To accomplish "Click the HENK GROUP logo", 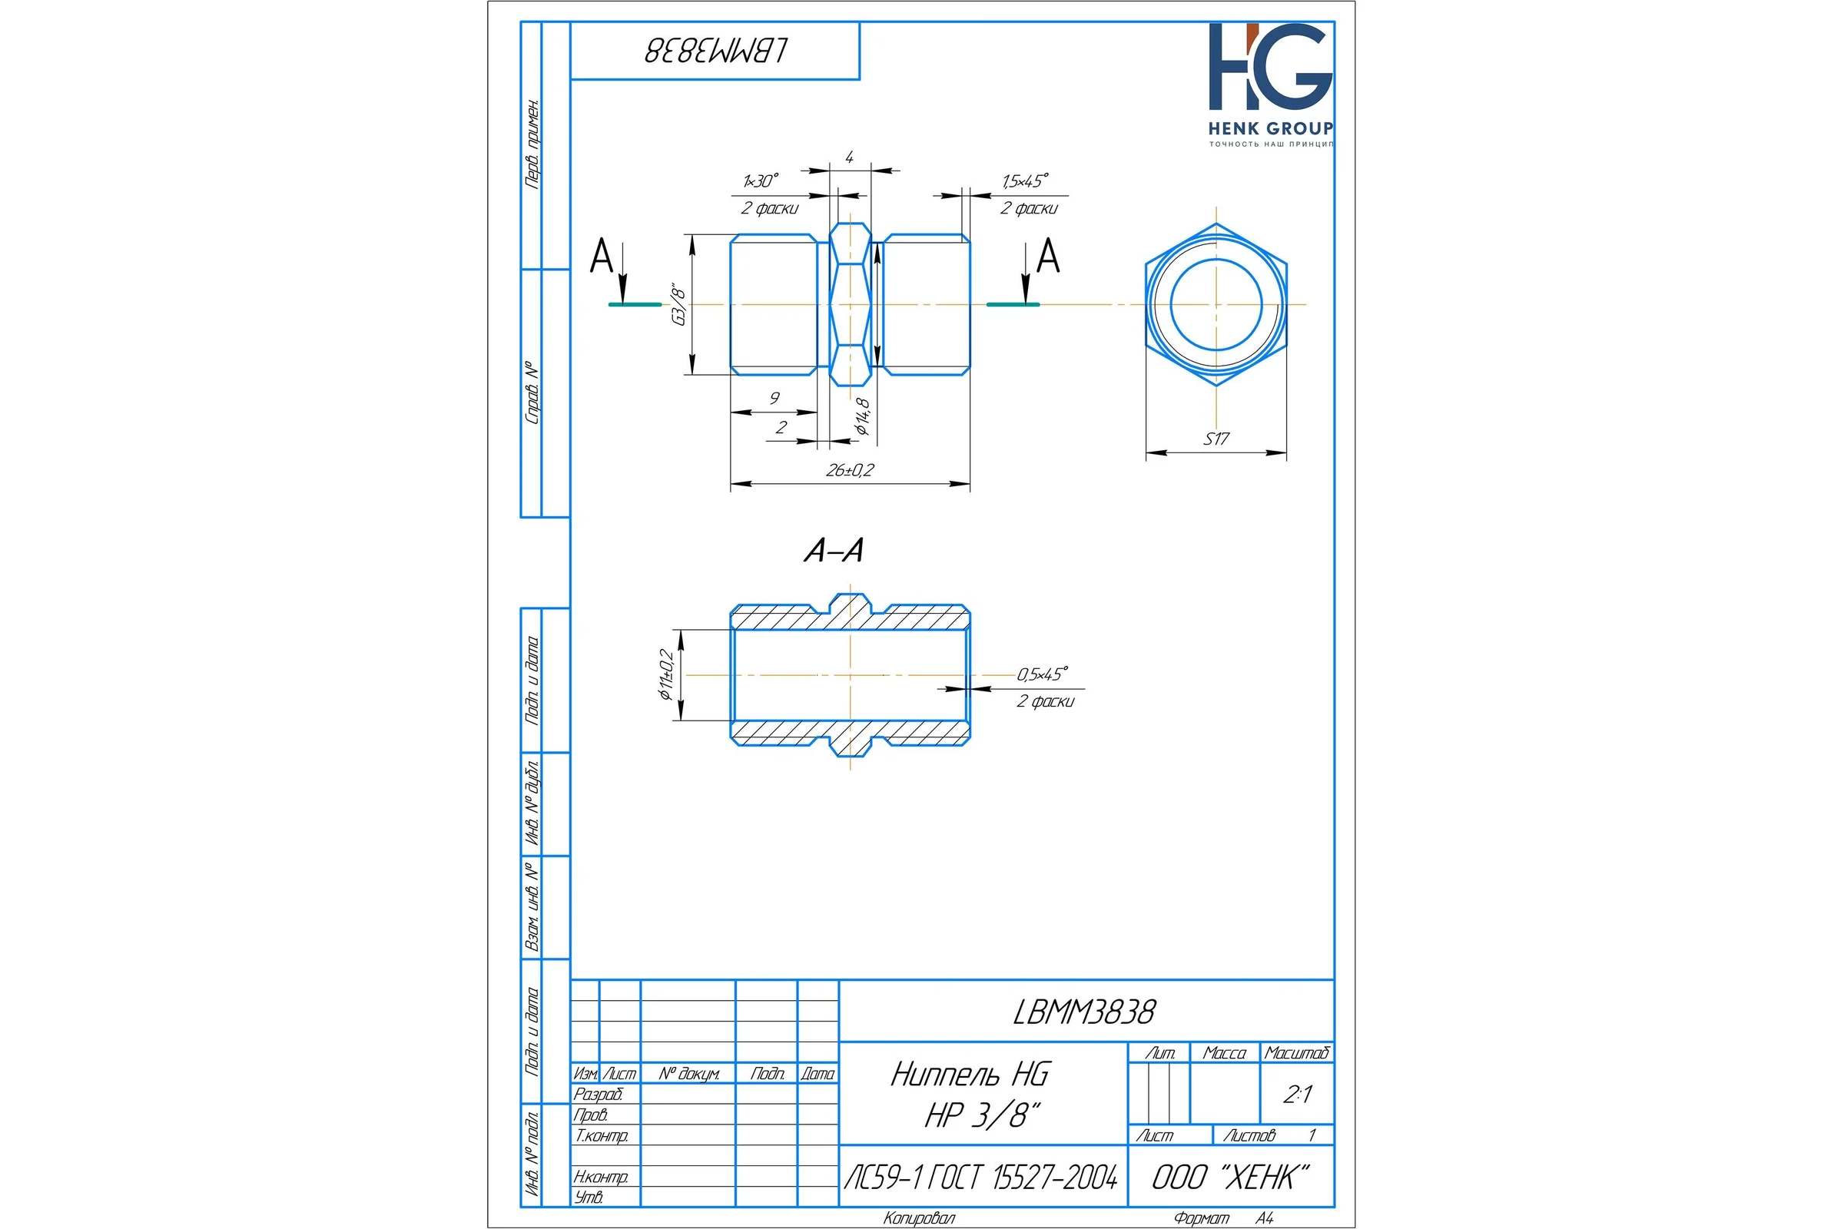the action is click(1270, 84).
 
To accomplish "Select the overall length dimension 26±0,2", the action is click(850, 470).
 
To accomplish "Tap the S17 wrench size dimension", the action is click(1216, 439).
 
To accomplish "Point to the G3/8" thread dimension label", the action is click(679, 306).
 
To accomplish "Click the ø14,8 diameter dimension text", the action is click(862, 416).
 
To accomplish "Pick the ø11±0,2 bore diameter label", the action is click(666, 674).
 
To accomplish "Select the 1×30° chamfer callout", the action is click(761, 181).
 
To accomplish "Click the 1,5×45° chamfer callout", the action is click(1025, 181).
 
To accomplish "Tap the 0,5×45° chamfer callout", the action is click(1043, 674).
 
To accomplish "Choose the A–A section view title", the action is click(834, 550).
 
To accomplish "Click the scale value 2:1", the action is click(1298, 1094).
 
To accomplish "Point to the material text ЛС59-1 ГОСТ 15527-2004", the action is click(981, 1178).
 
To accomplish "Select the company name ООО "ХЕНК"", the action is click(1231, 1178).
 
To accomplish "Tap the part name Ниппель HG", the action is click(970, 1074).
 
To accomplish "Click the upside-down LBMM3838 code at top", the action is click(716, 51).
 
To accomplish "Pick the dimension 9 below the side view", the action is click(774, 398).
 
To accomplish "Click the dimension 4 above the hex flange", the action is click(849, 157).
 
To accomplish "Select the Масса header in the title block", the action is click(1224, 1052).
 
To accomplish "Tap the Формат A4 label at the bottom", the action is click(1224, 1218).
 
